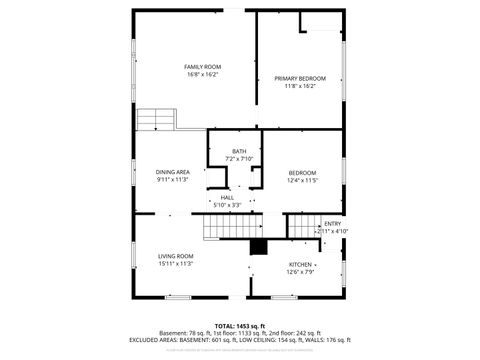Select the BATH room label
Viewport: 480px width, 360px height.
pos(239,151)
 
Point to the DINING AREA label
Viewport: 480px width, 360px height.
pos(172,172)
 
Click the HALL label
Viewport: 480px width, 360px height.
pos(227,197)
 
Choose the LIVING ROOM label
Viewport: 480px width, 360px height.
pos(174,256)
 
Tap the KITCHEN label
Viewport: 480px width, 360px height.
pos(300,264)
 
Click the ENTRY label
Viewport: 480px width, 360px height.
pos(332,224)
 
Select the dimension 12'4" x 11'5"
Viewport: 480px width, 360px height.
pos(302,180)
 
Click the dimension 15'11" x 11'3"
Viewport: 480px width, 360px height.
pos(174,264)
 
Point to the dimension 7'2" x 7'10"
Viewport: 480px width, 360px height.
pos(239,159)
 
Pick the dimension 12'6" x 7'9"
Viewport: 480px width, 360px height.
pos(300,272)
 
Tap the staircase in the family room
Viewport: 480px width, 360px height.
pos(156,119)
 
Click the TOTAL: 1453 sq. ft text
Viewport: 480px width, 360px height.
pos(239,326)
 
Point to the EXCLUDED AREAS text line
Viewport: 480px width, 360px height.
pos(239,340)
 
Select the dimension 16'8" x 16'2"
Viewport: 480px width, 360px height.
pos(201,74)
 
